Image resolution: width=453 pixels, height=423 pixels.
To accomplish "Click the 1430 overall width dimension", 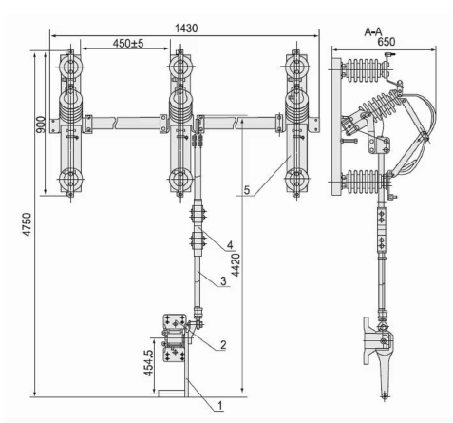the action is click(186, 29).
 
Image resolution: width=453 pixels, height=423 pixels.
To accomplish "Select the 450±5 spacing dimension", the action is click(128, 43).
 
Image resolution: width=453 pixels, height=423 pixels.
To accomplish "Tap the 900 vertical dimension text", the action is click(41, 125).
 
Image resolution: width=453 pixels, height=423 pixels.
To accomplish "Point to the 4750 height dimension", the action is click(27, 224).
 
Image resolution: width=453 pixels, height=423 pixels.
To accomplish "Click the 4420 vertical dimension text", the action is click(236, 264).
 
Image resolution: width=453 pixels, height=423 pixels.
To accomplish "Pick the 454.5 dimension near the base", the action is click(149, 363).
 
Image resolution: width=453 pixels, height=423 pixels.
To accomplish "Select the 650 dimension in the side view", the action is click(387, 42).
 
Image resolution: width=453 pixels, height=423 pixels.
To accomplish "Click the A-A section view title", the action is click(373, 31).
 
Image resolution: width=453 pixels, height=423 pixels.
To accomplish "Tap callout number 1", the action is click(220, 405).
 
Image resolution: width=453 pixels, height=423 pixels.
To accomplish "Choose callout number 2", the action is click(223, 345).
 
